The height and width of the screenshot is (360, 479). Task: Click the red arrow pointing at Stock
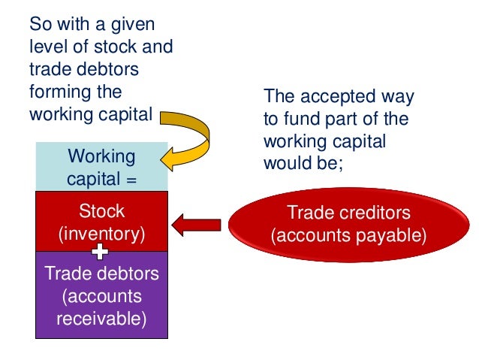pos(196,224)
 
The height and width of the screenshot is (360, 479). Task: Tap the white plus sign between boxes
pos(101,250)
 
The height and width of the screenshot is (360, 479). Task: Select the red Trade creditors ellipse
pos(348,224)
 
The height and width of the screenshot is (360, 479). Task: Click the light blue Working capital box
pos(101,168)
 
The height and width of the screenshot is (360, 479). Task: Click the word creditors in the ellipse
pos(378,213)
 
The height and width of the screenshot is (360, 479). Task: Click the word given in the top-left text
pos(138,25)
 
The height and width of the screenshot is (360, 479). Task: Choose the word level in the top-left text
pos(46,47)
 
